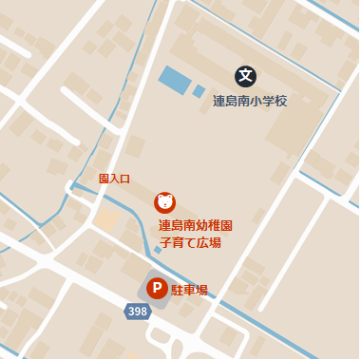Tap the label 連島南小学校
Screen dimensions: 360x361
click(x=250, y=101)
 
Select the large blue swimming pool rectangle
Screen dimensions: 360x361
click(x=174, y=80)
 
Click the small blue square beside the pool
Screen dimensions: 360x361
click(x=199, y=92)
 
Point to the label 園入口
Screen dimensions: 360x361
click(x=114, y=179)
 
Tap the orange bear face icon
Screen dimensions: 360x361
click(x=165, y=201)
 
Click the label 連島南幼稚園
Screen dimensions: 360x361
click(x=196, y=226)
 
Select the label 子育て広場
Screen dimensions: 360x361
click(x=190, y=243)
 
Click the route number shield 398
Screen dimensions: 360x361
click(x=138, y=312)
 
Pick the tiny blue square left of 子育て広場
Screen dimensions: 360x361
click(x=158, y=250)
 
